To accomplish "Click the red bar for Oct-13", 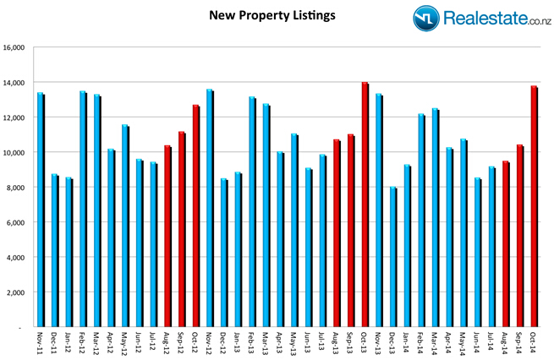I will (365, 204).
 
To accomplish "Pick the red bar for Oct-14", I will (534, 205).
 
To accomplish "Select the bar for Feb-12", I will (82, 208).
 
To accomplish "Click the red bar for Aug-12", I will (167, 236).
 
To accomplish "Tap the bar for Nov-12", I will (209, 207).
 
